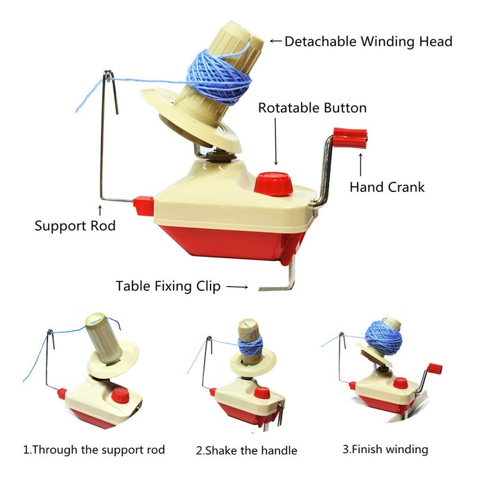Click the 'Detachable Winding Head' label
pyautogui.click(x=368, y=42)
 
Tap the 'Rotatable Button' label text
pyautogui.click(x=312, y=108)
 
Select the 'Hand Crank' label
pyautogui.click(x=387, y=187)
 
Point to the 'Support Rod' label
pyautogui.click(x=75, y=226)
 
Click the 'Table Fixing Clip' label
pyautogui.click(x=168, y=286)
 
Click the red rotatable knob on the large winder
pyautogui.click(x=273, y=184)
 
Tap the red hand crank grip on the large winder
pyautogui.click(x=350, y=138)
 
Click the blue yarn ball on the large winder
pyautogui.click(x=219, y=78)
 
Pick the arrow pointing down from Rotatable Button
pyautogui.click(x=276, y=141)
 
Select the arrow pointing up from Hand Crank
pyautogui.click(x=361, y=165)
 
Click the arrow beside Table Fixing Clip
pyautogui.click(x=237, y=287)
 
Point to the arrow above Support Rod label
pyautogui.click(x=100, y=210)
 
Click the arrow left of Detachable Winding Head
pyautogui.click(x=276, y=41)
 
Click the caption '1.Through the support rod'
pyautogui.click(x=94, y=450)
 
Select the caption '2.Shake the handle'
pyautogui.click(x=246, y=451)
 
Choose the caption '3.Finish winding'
pyautogui.click(x=385, y=449)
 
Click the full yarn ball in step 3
pyautogui.click(x=383, y=337)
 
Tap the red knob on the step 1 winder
pyautogui.click(x=120, y=396)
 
